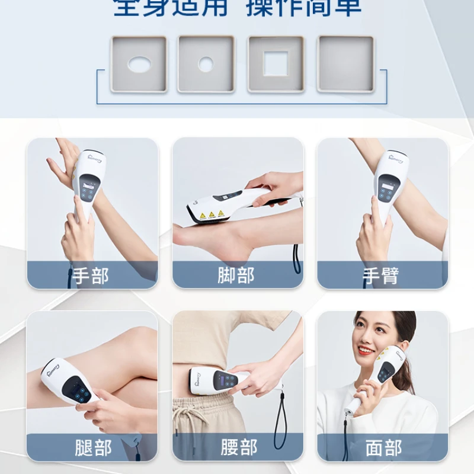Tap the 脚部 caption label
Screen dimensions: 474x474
click(236, 276)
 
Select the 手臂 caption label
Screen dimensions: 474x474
click(380, 276)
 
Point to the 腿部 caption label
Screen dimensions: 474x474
click(92, 447)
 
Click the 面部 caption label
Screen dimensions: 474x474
click(383, 447)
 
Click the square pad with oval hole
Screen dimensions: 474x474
click(139, 64)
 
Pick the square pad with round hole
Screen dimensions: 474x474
click(206, 64)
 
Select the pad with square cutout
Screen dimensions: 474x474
click(276, 64)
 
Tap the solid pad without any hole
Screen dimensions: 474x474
click(346, 64)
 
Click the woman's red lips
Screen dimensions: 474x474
click(366, 351)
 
